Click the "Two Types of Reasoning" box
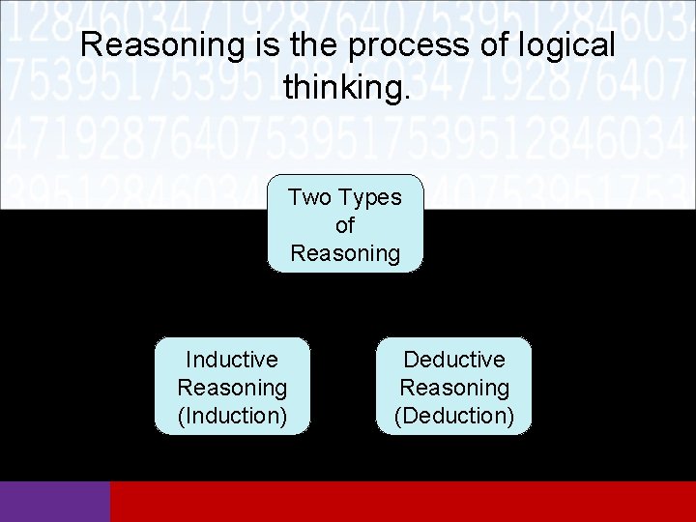[x=345, y=224]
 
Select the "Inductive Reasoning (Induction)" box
[x=232, y=387]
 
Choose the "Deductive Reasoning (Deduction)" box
[x=453, y=387]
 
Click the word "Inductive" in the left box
[x=232, y=360]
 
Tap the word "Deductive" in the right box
[x=454, y=360]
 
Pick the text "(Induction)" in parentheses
[x=232, y=416]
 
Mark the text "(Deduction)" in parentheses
[x=454, y=416]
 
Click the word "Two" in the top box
[x=309, y=197]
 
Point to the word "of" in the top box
[x=345, y=225]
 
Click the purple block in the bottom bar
[x=55, y=502]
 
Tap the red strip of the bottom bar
[x=403, y=502]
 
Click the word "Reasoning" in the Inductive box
[x=232, y=388]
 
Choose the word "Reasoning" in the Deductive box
[x=454, y=388]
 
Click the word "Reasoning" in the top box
[x=345, y=253]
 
